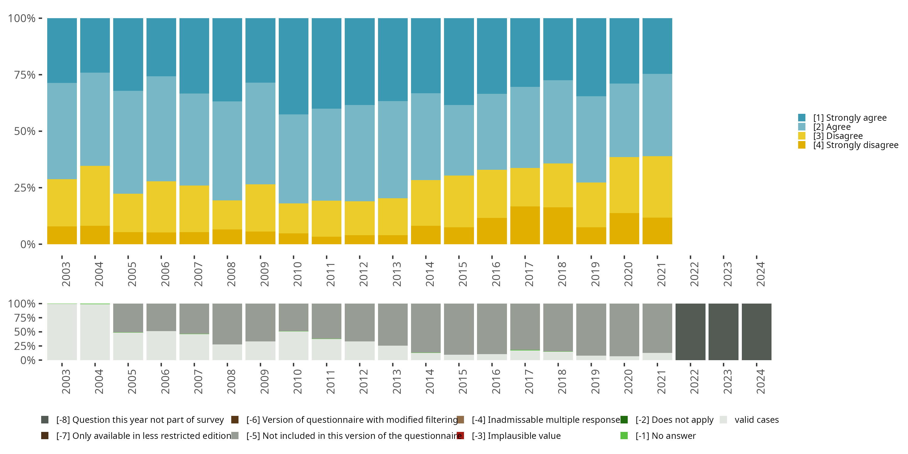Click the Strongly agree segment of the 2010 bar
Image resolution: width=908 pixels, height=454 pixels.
[x=293, y=66]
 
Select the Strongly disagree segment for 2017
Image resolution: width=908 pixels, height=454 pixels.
[x=525, y=225]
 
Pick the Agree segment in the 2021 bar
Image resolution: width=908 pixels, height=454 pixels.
[x=657, y=115]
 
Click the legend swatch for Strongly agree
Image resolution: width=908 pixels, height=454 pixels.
[x=801, y=118]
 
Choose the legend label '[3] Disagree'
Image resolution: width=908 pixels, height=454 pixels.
[x=838, y=136]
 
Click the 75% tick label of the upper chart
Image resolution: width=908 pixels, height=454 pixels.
[x=25, y=75]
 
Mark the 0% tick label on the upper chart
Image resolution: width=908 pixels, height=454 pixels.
[x=28, y=244]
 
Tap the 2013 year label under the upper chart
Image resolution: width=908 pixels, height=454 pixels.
[x=397, y=274]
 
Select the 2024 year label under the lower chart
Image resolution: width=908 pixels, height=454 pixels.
[x=761, y=382]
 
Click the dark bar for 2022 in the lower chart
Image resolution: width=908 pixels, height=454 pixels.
[x=690, y=332]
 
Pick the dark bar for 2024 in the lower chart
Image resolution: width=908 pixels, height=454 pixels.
[x=756, y=332]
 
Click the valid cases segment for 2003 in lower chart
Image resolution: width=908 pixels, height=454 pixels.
[x=62, y=332]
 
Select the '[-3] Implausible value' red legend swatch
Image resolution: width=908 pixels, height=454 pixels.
[x=460, y=436]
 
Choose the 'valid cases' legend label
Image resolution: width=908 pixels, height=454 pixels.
[x=756, y=420]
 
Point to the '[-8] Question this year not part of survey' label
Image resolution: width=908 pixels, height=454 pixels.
[x=140, y=420]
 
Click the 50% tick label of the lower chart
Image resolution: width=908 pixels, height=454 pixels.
[x=25, y=332]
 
